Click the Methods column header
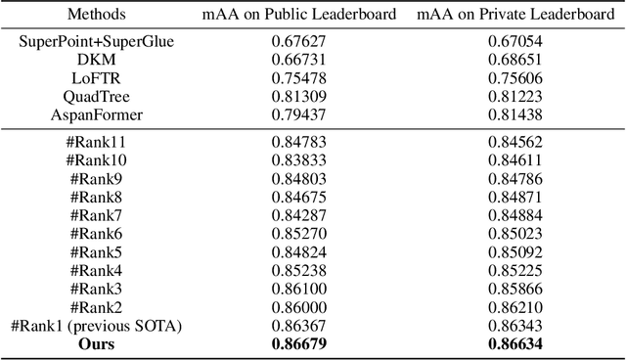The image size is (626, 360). tap(98, 13)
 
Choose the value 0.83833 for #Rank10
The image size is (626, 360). tap(299, 160)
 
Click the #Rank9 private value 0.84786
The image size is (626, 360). tap(515, 179)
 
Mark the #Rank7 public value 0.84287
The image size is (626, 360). tap(299, 215)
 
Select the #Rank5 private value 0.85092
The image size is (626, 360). tap(515, 251)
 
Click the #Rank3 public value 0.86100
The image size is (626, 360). tap(299, 289)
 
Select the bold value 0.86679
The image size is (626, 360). tap(299, 343)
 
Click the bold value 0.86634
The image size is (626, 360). tap(515, 343)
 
